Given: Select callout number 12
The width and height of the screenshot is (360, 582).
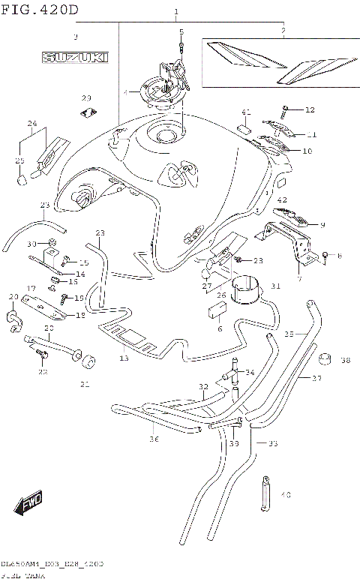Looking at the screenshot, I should (310, 110).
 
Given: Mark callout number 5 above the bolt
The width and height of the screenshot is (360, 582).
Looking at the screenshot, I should (181, 31).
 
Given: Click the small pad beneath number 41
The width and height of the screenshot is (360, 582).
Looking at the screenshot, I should (244, 129).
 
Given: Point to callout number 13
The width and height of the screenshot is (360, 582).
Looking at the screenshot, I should (124, 359).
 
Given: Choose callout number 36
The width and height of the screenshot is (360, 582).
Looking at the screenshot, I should (154, 439).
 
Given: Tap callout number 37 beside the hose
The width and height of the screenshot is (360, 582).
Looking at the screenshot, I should (317, 379).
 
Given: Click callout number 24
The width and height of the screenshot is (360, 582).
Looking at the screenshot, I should (32, 123).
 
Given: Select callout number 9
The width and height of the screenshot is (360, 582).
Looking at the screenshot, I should (322, 224).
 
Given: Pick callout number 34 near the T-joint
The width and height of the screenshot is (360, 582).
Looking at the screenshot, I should (250, 372).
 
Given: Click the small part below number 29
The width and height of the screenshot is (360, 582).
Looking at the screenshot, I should (88, 113).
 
